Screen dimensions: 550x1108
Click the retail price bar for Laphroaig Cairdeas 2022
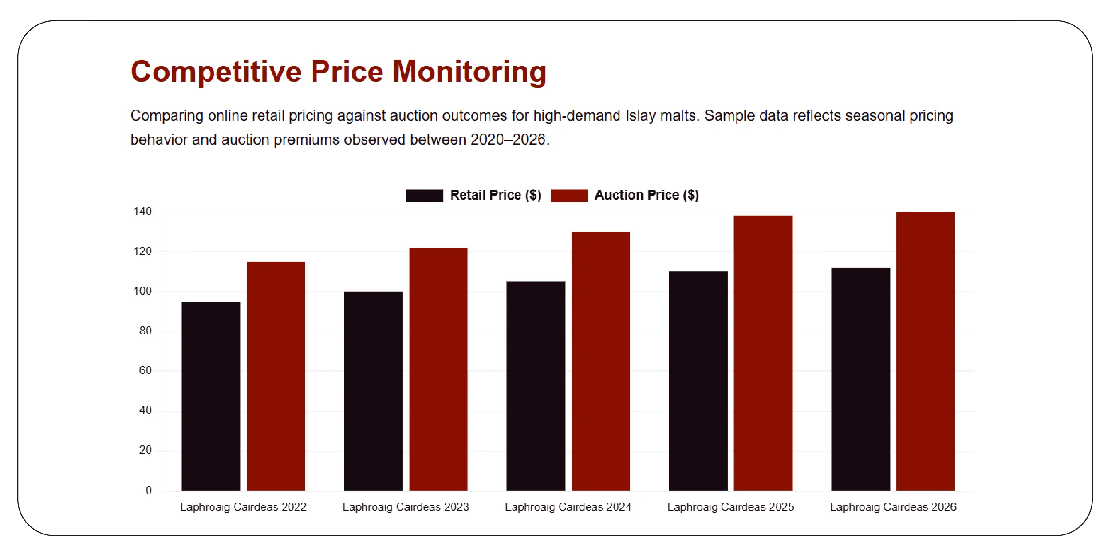pos(211,396)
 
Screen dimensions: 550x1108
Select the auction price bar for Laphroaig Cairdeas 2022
pos(276,376)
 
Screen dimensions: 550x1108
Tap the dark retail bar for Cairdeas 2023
pos(373,390)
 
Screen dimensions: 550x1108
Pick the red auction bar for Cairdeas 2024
pos(600,361)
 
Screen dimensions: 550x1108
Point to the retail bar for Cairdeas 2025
pos(698,381)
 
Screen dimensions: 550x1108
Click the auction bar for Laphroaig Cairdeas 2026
pos(925,351)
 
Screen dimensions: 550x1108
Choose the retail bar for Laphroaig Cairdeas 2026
pos(860,379)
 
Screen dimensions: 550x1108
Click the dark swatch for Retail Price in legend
pos(424,196)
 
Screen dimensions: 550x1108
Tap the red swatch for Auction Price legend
pos(569,196)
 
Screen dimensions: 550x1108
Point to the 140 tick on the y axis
pos(143,212)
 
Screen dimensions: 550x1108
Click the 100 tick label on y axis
pos(143,291)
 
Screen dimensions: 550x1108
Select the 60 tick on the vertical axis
pos(146,371)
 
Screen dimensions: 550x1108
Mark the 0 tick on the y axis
pos(149,490)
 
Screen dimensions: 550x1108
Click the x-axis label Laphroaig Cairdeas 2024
pos(568,507)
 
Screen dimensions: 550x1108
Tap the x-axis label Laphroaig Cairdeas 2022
pos(243,507)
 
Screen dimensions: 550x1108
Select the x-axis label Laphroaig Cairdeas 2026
pos(893,507)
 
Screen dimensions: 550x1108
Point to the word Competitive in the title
pos(216,71)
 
